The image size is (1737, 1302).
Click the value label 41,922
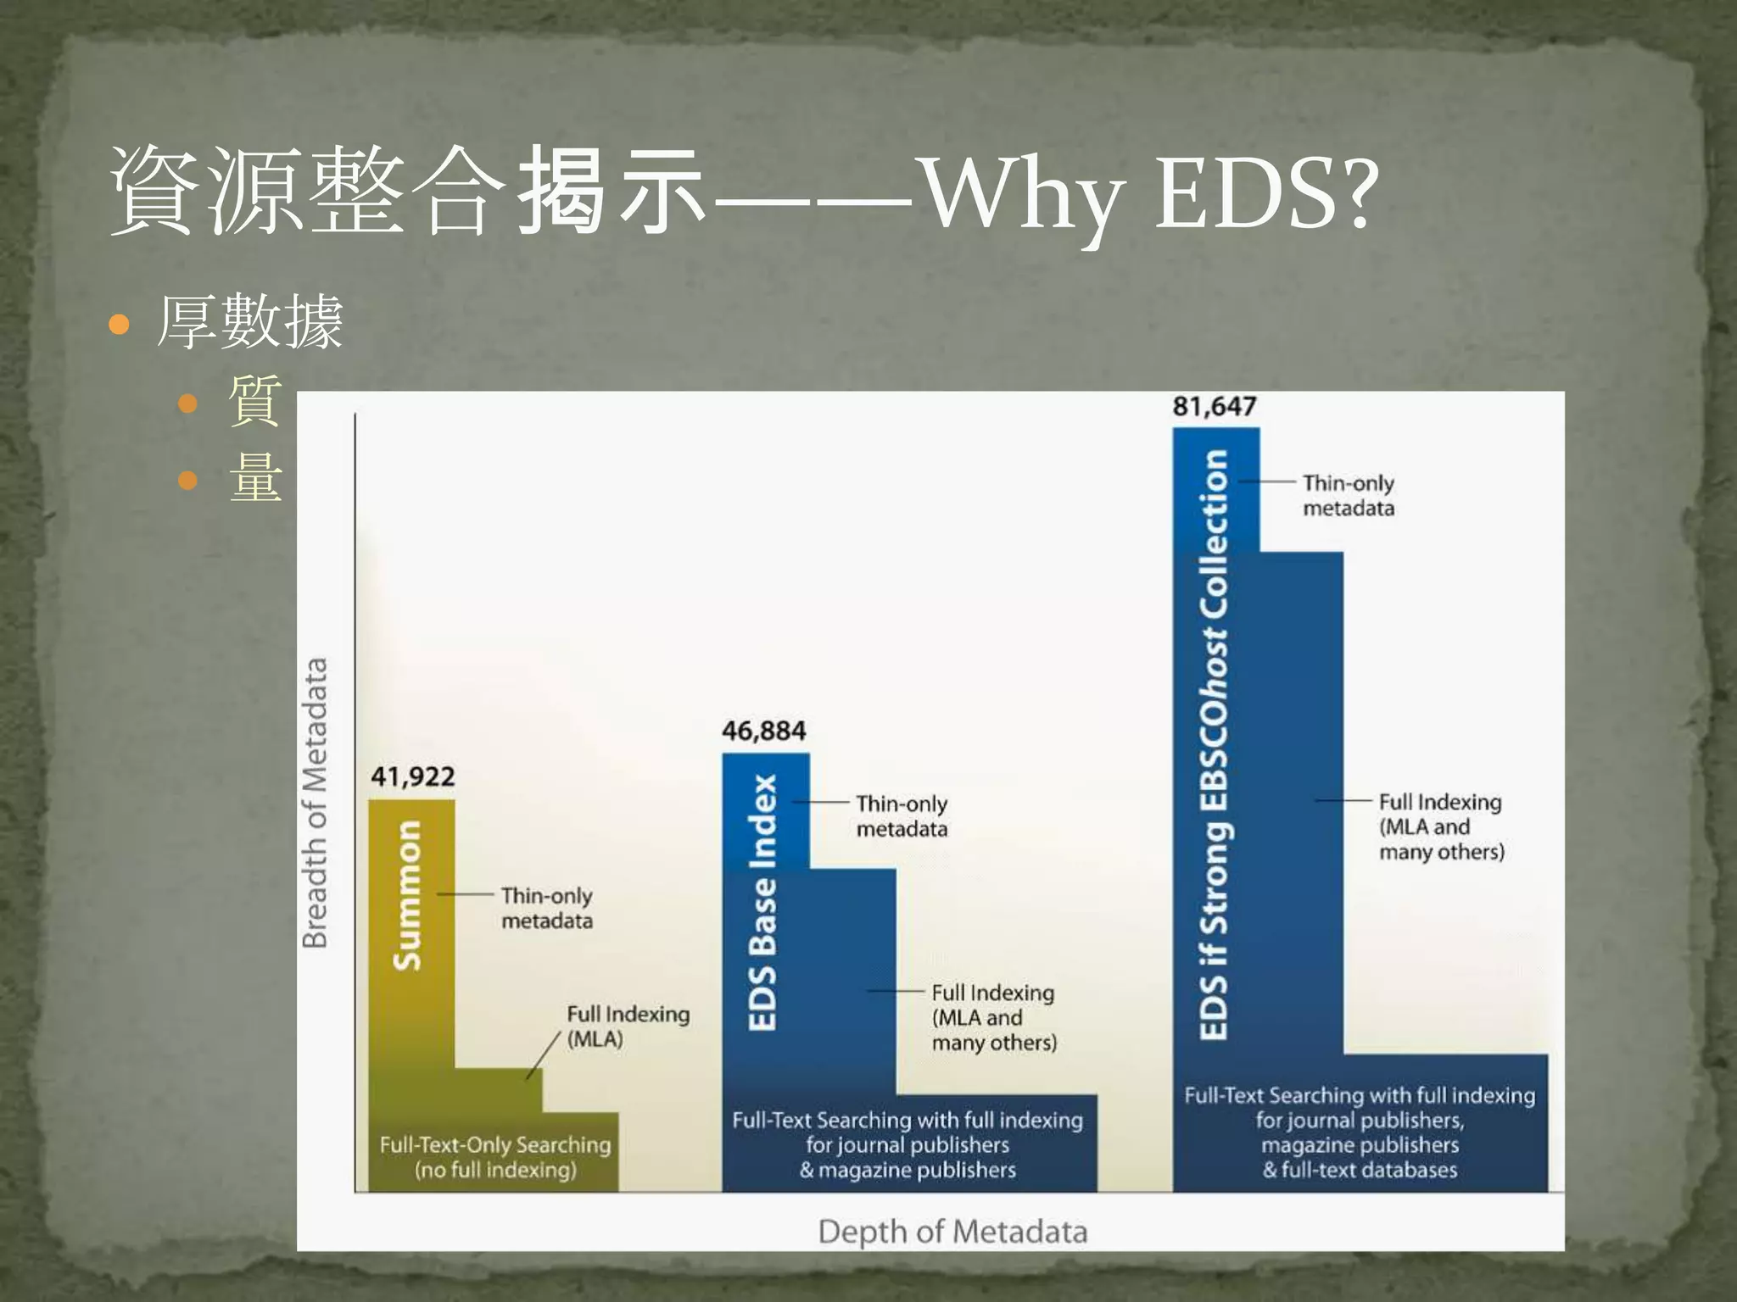pyautogui.click(x=413, y=776)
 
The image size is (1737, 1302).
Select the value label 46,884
pyautogui.click(x=763, y=731)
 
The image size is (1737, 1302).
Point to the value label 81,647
pyautogui.click(x=1214, y=407)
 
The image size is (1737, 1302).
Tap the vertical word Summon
pyautogui.click(x=408, y=894)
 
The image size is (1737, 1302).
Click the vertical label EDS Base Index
pyautogui.click(x=762, y=902)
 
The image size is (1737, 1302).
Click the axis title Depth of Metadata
pyautogui.click(x=952, y=1231)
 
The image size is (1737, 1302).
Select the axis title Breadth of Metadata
pyautogui.click(x=315, y=802)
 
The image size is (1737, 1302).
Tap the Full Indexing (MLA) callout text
pyautogui.click(x=628, y=1026)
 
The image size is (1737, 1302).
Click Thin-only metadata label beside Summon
pyautogui.click(x=546, y=908)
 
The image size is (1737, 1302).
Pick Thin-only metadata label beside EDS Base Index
pyautogui.click(x=902, y=815)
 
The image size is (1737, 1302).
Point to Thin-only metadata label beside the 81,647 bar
pyautogui.click(x=1349, y=495)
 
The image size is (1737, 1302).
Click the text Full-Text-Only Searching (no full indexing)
pyautogui.click(x=495, y=1157)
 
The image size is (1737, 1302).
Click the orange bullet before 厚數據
pyautogui.click(x=120, y=324)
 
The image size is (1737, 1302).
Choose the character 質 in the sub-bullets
pyautogui.click(x=255, y=400)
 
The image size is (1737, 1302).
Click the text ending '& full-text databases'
pyautogui.click(x=1360, y=1170)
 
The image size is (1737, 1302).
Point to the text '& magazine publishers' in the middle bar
pyautogui.click(x=908, y=1170)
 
